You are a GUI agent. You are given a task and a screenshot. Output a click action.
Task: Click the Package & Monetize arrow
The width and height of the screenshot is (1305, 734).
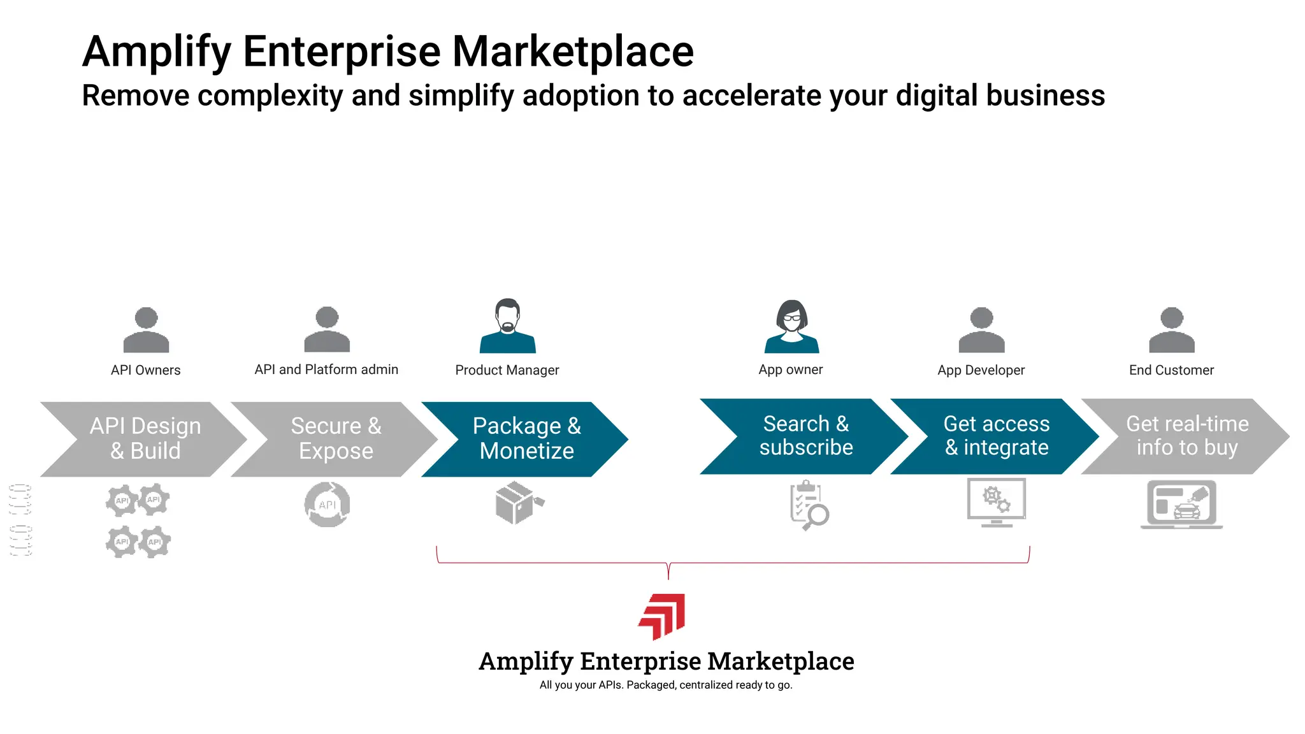coord(526,439)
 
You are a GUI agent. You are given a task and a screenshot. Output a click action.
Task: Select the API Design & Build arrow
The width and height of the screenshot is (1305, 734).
coord(145,439)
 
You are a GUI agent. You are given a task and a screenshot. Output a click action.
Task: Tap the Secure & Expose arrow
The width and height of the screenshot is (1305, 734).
coord(336,439)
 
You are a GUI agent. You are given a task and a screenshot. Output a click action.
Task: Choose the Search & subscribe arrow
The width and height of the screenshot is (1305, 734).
coord(805,436)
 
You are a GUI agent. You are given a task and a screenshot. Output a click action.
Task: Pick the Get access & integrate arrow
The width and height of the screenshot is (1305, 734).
coord(996,436)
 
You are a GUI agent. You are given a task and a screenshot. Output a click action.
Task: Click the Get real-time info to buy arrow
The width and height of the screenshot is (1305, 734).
coord(1186,436)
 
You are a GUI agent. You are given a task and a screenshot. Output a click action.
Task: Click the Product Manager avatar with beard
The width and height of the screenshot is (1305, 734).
coord(508,326)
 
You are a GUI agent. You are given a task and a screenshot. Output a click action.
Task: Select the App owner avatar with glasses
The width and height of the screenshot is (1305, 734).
coord(791,326)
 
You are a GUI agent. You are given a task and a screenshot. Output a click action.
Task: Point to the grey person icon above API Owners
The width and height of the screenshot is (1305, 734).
coord(146,330)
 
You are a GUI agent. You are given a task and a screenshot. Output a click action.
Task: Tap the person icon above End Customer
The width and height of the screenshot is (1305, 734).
coord(1171,330)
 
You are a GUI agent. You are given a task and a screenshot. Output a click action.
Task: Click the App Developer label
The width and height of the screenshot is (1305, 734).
coord(981,370)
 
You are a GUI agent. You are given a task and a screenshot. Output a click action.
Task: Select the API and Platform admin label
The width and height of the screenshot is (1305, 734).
coord(326,370)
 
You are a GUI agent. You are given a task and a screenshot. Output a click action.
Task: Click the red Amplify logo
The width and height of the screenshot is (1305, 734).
coord(663,615)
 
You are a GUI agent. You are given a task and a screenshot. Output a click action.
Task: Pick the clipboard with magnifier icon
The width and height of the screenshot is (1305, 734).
coord(808,505)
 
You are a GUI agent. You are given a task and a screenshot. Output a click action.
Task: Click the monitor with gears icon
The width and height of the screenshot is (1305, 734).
coord(996,502)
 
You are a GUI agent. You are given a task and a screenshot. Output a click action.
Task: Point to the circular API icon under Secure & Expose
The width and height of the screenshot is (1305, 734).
coord(327,505)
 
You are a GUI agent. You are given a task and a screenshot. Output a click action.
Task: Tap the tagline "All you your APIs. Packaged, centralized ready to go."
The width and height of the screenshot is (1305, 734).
coord(666,685)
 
